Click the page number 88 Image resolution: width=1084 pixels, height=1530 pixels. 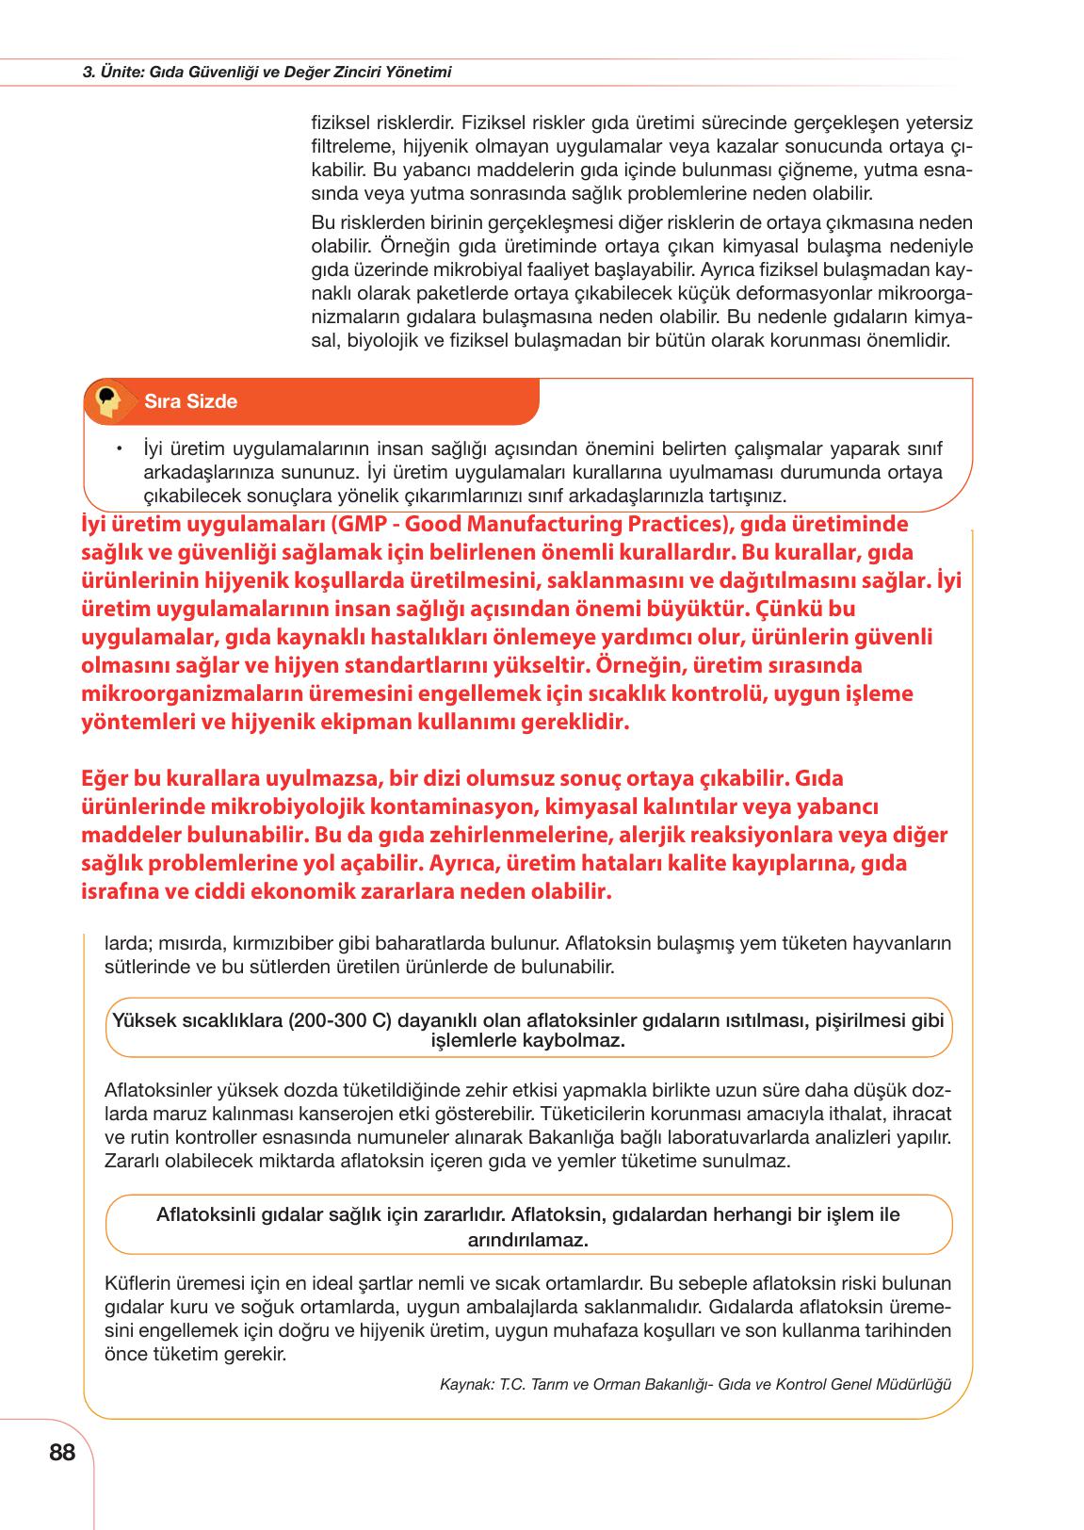61,1453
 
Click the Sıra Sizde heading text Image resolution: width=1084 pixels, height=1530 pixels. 190,401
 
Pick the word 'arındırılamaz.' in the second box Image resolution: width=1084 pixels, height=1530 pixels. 528,1240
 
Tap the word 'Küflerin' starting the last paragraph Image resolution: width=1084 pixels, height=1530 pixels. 138,1283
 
